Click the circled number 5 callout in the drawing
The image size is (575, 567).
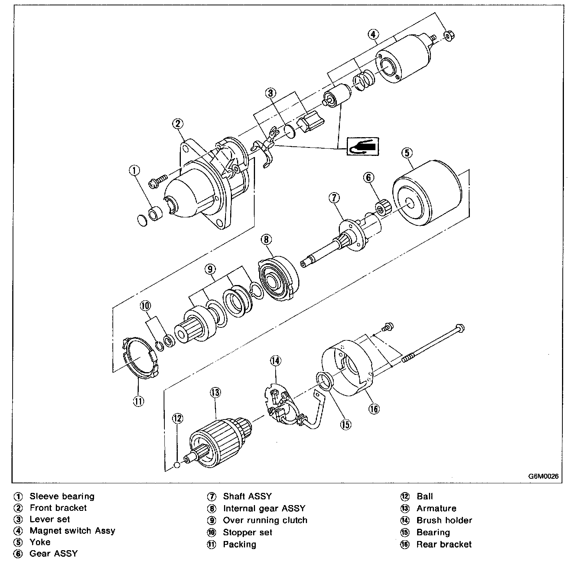(406, 153)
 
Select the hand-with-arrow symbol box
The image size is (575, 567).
(362, 146)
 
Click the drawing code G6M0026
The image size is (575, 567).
(544, 476)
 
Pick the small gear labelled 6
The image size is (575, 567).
(383, 207)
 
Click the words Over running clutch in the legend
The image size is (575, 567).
(265, 520)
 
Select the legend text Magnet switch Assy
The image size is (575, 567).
(72, 531)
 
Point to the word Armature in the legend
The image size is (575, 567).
(436, 509)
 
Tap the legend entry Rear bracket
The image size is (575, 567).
(444, 544)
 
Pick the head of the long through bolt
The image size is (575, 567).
(460, 327)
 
